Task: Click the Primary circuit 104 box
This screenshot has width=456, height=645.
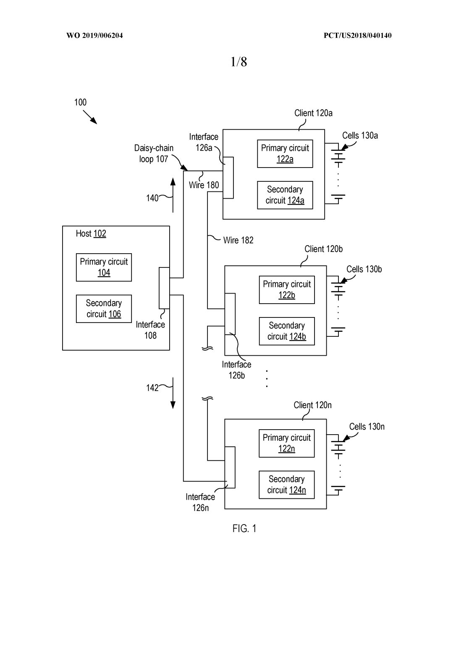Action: [x=104, y=267]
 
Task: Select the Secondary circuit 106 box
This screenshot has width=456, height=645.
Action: [x=104, y=309]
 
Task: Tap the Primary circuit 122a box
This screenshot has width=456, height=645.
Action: [x=285, y=154]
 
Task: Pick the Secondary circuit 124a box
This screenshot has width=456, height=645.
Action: [x=285, y=195]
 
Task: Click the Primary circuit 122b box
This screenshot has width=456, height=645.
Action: [x=287, y=290]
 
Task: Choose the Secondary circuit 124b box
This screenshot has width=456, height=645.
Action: [x=287, y=331]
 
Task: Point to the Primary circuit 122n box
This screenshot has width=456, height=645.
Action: [x=287, y=443]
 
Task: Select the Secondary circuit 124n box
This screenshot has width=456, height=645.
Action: [x=287, y=485]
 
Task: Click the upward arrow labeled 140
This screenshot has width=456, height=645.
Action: [x=173, y=195]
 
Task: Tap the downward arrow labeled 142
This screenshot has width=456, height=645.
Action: [x=173, y=393]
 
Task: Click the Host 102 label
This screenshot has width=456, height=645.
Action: [x=91, y=233]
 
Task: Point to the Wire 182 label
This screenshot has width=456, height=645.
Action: [x=238, y=240]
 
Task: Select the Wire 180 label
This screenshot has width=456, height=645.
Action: [x=204, y=185]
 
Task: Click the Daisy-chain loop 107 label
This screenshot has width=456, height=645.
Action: [x=154, y=154]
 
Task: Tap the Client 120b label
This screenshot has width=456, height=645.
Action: [x=323, y=249]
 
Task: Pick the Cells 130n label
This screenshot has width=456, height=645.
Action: [x=367, y=427]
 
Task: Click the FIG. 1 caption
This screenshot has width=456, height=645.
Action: [x=244, y=529]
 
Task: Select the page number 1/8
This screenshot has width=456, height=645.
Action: [x=238, y=62]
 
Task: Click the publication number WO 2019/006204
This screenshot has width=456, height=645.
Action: [x=94, y=36]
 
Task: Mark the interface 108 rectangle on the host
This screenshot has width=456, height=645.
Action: [x=164, y=288]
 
